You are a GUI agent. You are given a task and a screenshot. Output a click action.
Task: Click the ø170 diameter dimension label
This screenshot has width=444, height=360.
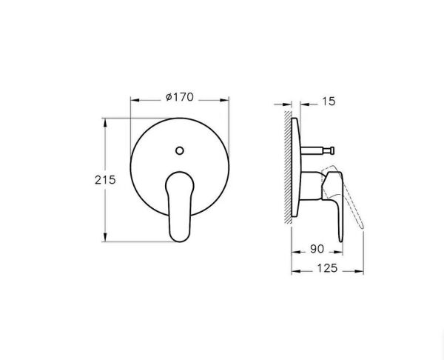178,96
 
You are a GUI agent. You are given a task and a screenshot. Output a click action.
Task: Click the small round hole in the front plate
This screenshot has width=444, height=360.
178,152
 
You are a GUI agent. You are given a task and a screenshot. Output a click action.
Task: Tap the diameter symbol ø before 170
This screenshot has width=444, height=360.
169,96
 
